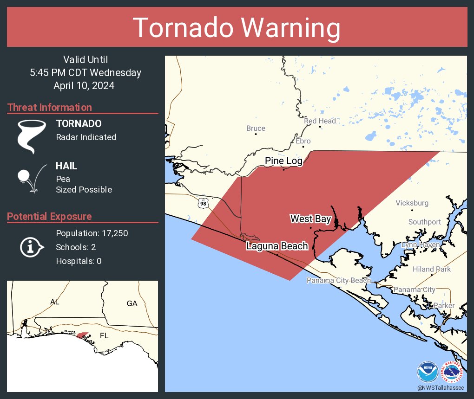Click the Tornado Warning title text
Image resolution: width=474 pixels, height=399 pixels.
coord(237,28)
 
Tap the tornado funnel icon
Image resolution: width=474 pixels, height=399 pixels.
coord(32,136)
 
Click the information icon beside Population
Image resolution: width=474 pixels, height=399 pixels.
coord(31,247)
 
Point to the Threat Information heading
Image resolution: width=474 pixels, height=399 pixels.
coord(50,107)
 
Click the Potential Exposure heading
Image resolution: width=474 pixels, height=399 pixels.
coord(49,216)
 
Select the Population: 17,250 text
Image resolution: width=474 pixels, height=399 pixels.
coord(92,233)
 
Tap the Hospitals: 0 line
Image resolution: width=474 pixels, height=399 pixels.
coord(79,261)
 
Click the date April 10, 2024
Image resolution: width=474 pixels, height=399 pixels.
coord(84,86)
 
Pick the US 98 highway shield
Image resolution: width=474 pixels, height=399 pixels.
coord(203,203)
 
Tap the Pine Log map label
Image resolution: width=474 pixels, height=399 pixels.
coord(283,161)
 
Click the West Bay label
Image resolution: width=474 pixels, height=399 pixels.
coord(310,219)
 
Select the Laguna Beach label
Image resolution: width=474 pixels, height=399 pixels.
coord(277,246)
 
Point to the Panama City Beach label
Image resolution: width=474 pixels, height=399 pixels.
coord(339,280)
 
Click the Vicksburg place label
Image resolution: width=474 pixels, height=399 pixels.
coord(412,203)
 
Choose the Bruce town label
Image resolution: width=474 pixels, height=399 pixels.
coord(256,129)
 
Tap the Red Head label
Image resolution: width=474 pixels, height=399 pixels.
coord(320,121)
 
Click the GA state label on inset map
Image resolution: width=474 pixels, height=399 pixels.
coord(132,303)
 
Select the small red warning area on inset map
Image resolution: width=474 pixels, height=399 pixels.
coord(82,335)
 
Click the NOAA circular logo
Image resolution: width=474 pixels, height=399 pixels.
coord(427,372)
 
